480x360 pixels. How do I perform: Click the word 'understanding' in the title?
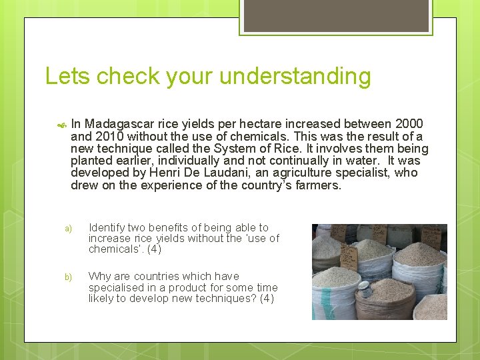coord(295,77)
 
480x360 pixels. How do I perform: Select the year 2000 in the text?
coord(409,124)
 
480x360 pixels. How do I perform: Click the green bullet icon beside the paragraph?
coord(62,125)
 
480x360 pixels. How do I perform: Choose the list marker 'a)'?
coord(68,229)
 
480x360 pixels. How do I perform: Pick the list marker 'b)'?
coord(68,277)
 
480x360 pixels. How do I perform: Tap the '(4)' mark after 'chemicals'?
coord(153,249)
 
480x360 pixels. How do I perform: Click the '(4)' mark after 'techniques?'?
coord(266,298)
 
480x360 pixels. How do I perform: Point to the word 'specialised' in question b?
coord(115,287)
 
